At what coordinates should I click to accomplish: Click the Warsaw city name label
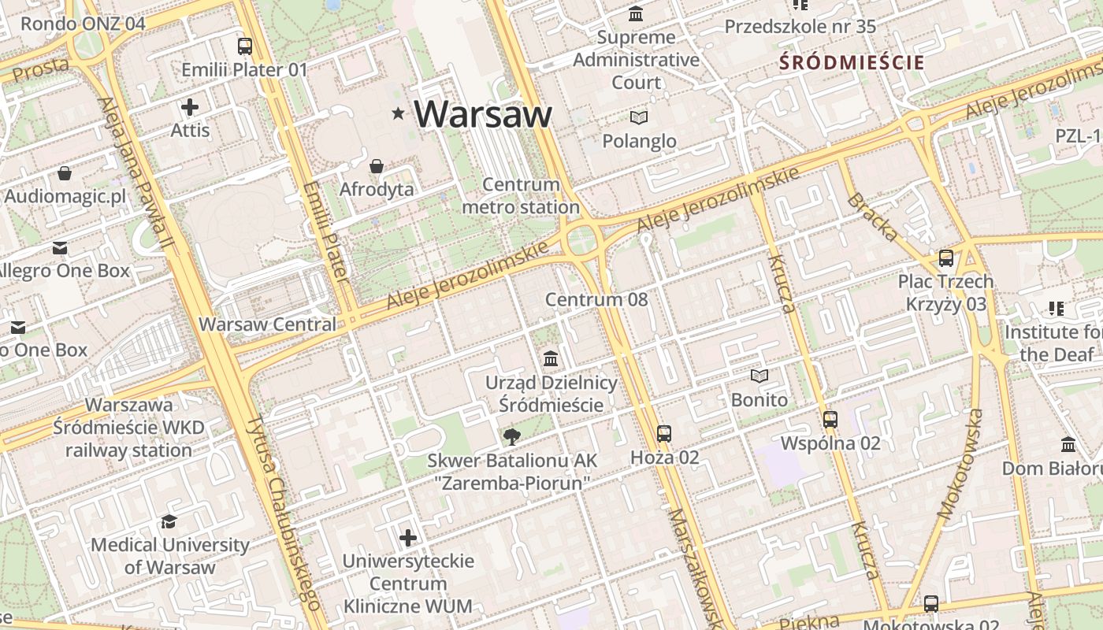(x=483, y=114)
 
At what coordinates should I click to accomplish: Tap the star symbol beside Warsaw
(x=399, y=114)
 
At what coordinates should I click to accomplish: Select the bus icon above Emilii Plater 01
(x=245, y=46)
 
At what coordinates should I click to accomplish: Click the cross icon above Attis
(x=190, y=107)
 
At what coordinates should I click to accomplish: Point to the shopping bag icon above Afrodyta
(x=377, y=166)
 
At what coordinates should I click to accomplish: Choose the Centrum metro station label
(x=521, y=196)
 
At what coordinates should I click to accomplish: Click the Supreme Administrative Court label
(x=637, y=59)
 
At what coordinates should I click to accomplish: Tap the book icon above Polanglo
(x=639, y=118)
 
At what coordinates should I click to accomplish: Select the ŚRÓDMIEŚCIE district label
(x=852, y=62)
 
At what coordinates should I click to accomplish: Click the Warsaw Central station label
(x=267, y=324)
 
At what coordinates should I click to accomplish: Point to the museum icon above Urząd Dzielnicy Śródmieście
(x=551, y=359)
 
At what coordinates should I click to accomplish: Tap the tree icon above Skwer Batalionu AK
(x=512, y=436)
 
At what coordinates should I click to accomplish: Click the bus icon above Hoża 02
(x=664, y=433)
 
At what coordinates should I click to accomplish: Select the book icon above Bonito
(x=759, y=376)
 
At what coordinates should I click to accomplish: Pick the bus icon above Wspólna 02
(x=830, y=420)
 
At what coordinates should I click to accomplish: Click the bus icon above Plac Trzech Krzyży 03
(x=946, y=258)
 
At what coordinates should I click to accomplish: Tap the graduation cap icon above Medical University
(x=169, y=521)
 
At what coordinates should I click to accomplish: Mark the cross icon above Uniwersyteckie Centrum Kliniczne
(x=408, y=538)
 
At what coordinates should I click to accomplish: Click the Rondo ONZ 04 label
(x=83, y=24)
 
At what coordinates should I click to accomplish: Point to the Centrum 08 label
(x=596, y=299)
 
